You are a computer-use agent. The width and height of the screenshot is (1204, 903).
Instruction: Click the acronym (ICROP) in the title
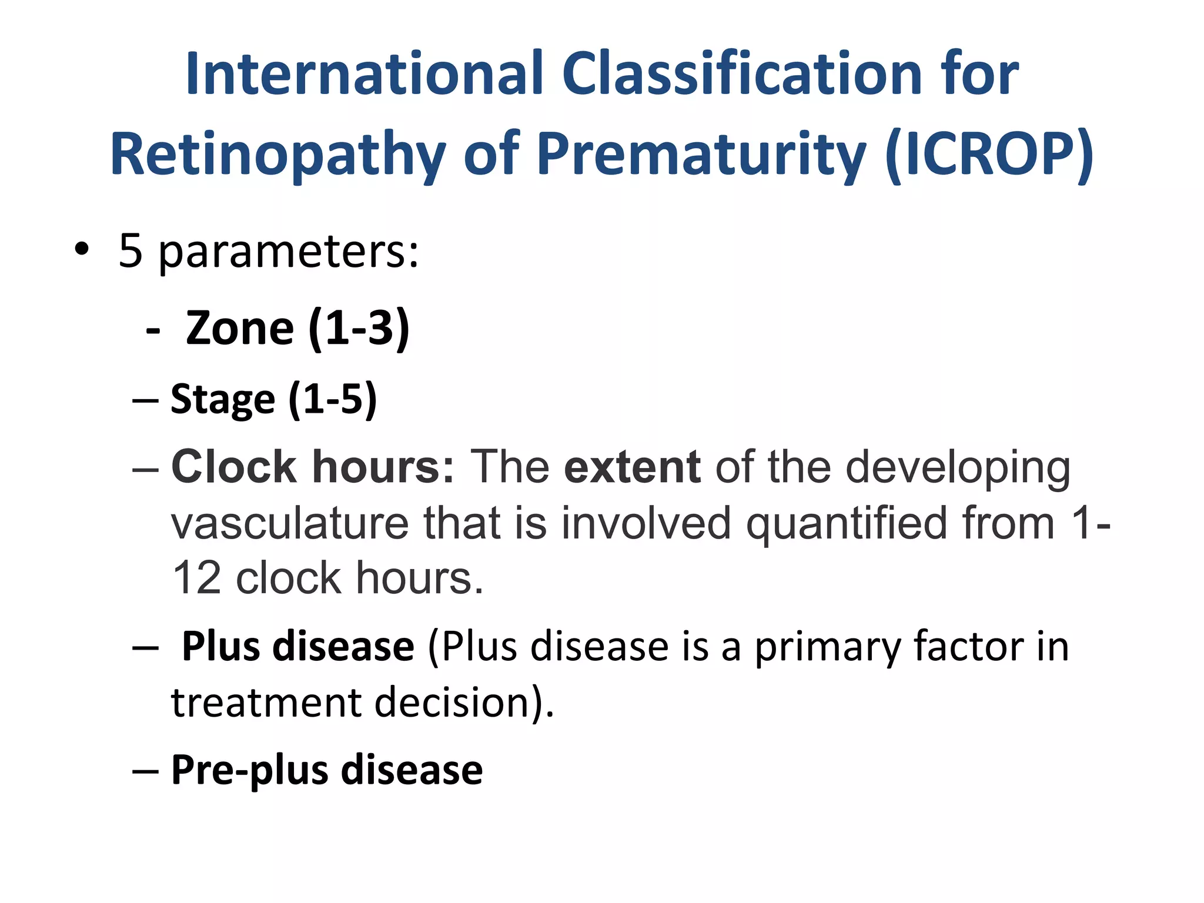(x=989, y=154)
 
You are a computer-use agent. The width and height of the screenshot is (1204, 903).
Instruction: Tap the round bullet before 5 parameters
(x=82, y=249)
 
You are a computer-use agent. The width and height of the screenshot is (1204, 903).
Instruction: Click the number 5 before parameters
(x=131, y=250)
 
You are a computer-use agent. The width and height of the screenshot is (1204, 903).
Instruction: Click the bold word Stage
(x=223, y=400)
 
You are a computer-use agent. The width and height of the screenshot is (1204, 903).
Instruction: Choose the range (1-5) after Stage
(x=332, y=400)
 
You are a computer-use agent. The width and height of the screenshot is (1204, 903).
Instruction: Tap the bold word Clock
(x=233, y=467)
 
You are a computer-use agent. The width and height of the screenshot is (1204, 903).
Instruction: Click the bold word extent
(x=632, y=467)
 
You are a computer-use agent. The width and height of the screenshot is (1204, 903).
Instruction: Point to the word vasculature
(x=290, y=523)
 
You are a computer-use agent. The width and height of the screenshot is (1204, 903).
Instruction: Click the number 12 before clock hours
(x=196, y=578)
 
